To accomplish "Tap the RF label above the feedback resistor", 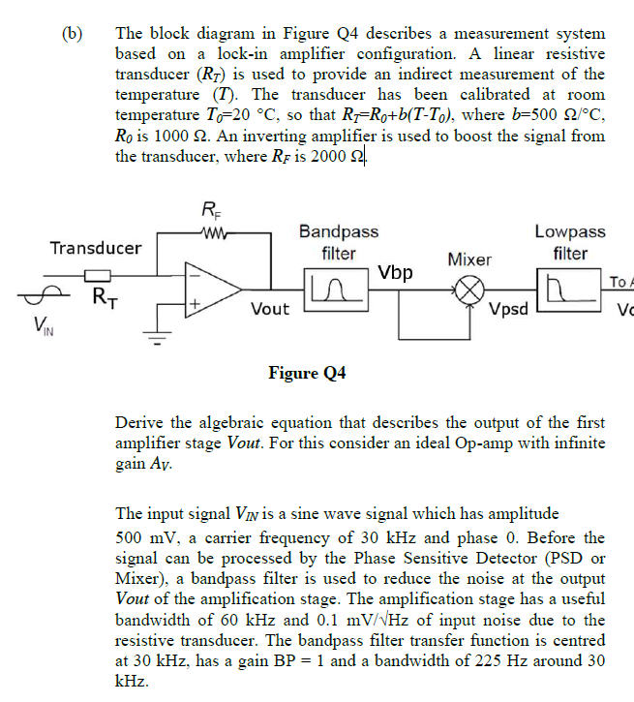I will click(x=210, y=209).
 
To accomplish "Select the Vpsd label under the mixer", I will click(x=509, y=310).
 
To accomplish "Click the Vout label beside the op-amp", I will click(x=270, y=309).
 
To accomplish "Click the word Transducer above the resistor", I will click(x=96, y=247).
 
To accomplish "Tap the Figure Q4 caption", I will click(x=307, y=373).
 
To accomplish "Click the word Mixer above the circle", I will click(x=469, y=259).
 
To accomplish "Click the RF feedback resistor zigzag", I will click(x=210, y=230).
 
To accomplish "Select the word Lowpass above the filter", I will click(x=570, y=231).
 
